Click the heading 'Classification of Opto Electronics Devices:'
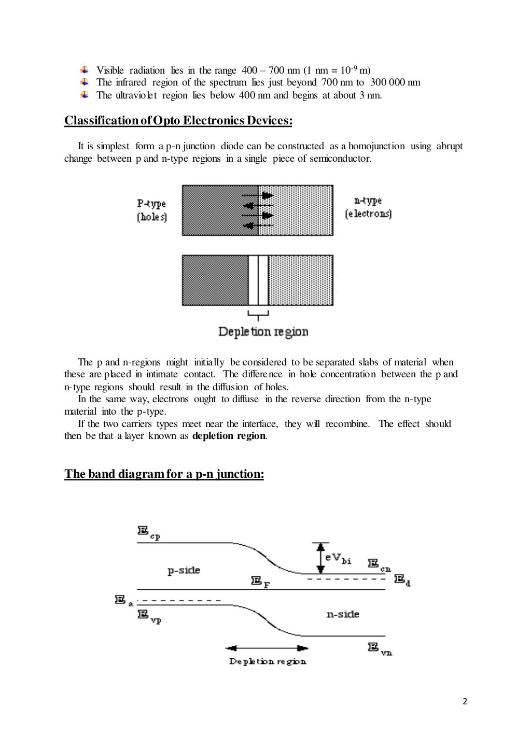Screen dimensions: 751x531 [178, 121]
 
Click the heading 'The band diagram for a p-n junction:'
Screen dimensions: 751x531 [164, 474]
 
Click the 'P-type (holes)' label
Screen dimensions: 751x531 [151, 210]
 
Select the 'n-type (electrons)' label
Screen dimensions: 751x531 [368, 207]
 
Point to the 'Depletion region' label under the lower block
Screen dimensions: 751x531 [263, 332]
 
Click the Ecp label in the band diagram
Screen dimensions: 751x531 [149, 532]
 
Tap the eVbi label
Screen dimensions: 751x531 [338, 558]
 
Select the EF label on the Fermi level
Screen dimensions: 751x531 [261, 582]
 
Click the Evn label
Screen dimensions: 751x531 [380, 648]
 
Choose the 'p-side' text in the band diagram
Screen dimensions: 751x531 [184, 570]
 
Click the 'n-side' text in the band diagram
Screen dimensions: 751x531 [343, 614]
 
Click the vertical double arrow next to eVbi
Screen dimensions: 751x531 [320, 558]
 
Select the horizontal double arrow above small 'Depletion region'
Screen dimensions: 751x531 [267, 648]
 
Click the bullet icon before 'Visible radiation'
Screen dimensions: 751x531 [85, 70]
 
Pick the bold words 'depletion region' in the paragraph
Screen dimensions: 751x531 [229, 436]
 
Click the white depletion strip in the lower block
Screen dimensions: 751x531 [258, 280]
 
